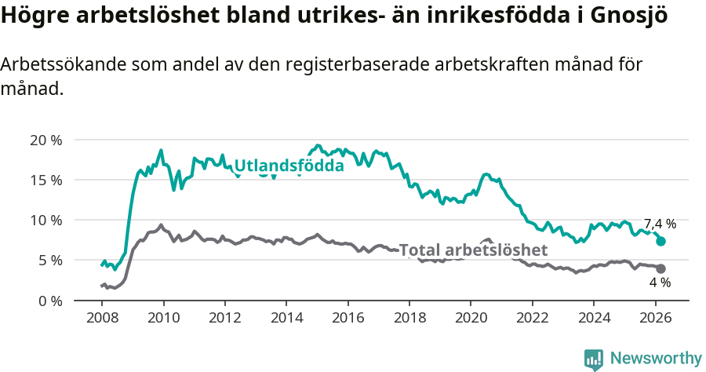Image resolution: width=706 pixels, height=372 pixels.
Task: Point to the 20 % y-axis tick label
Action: click(x=45, y=140)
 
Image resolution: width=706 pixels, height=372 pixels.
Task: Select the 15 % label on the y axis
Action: click(x=45, y=180)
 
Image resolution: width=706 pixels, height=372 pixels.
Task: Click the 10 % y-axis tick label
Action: click(x=45, y=220)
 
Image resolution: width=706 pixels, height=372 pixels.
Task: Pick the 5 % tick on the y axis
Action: click(x=49, y=260)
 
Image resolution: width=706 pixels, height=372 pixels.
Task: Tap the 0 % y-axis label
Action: click(x=49, y=301)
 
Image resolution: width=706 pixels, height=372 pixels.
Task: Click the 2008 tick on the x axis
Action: click(x=103, y=319)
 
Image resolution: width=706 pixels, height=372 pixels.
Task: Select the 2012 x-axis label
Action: click(x=225, y=319)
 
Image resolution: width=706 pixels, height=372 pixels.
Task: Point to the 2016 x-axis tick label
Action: click(x=348, y=319)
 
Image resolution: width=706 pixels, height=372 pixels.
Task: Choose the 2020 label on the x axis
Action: click(x=471, y=319)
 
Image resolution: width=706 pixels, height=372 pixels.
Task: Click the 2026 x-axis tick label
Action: click(x=654, y=319)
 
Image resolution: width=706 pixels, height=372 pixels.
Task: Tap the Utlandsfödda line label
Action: click(x=289, y=166)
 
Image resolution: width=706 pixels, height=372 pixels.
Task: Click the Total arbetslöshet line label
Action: click(x=473, y=250)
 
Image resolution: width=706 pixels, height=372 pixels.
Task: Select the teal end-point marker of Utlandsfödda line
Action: click(x=661, y=241)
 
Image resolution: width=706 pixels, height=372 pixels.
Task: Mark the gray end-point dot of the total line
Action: click(x=661, y=268)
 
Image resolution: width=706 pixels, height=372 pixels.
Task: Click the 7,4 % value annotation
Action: click(x=660, y=224)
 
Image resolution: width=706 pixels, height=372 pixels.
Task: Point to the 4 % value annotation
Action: click(x=660, y=283)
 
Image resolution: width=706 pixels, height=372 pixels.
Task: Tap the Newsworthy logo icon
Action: click(x=594, y=359)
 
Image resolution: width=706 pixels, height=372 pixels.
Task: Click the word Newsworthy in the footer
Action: click(x=655, y=359)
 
